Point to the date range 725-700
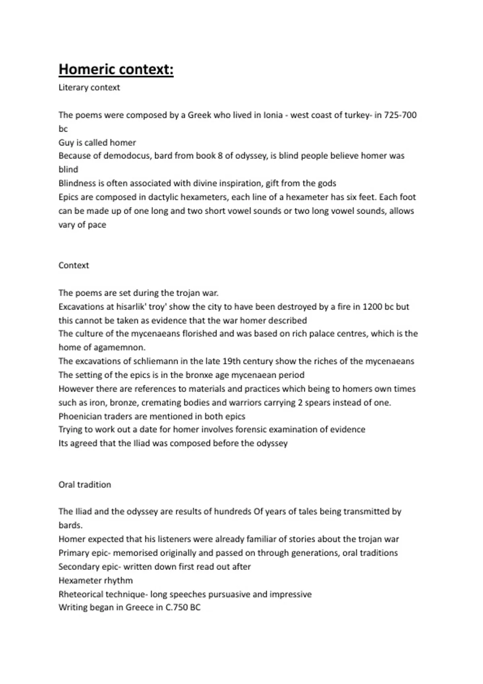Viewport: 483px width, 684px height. click(400, 115)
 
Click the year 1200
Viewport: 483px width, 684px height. click(372, 307)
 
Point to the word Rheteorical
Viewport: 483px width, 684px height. click(80, 594)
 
